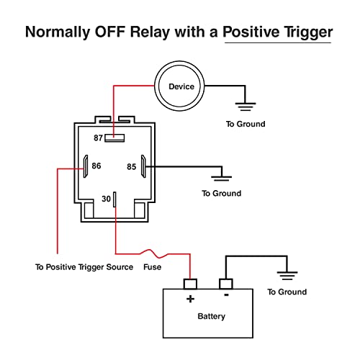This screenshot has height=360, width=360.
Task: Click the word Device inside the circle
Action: point(181,86)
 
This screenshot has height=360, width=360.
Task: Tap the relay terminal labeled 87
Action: point(114,138)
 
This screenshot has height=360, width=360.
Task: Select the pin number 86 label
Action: point(96,166)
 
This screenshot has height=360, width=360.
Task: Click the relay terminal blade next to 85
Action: point(143,166)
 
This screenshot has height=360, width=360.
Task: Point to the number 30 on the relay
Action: point(106,199)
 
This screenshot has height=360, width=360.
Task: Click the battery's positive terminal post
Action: point(190,284)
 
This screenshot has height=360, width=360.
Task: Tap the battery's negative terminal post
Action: point(226,284)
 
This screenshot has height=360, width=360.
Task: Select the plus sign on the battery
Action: point(190,299)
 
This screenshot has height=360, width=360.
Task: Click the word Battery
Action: point(212,316)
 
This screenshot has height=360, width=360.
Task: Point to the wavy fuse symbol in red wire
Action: point(153,253)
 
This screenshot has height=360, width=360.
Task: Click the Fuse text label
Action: point(153,267)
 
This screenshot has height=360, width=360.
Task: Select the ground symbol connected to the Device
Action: point(246,107)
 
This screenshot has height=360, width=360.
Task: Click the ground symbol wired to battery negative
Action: point(287,276)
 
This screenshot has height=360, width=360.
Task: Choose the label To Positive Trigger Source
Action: point(84,267)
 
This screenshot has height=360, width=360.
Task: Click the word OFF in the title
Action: point(110,32)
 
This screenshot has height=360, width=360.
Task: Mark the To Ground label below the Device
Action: point(246,124)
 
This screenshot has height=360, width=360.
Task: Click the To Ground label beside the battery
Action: point(287,292)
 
